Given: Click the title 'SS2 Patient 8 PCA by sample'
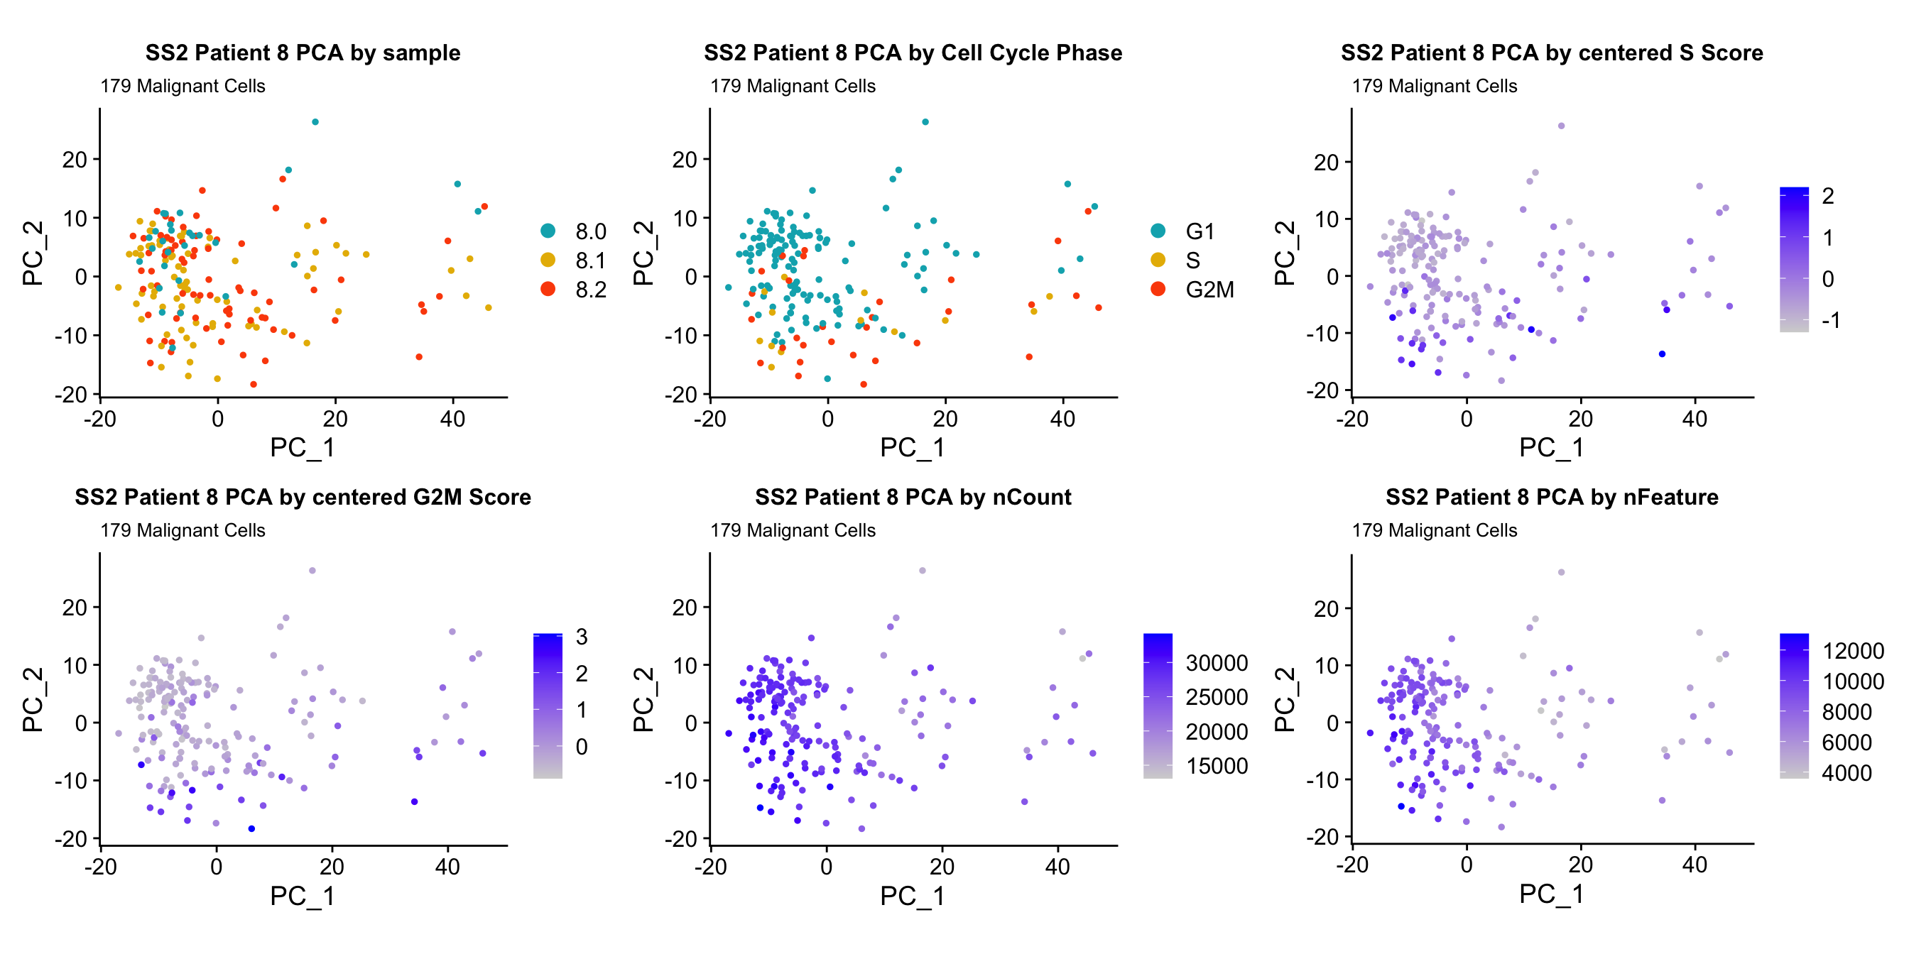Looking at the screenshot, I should tap(303, 53).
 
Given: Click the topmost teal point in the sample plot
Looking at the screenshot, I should tap(315, 122).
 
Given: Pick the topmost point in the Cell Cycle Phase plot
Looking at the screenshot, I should tap(925, 122).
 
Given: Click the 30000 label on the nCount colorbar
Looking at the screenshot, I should tap(1216, 663).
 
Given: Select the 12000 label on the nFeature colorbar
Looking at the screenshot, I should tap(1853, 651).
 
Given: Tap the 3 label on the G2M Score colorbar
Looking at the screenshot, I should tap(582, 637).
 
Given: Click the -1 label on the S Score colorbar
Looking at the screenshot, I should tap(1830, 320).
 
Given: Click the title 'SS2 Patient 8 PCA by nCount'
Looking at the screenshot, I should tap(913, 497).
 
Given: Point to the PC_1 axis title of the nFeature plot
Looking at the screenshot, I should tap(1551, 894).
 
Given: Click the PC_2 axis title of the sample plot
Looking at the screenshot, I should tap(33, 253).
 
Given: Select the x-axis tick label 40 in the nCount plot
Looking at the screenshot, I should tap(1057, 866).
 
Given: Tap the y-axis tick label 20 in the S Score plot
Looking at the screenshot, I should tap(1326, 163).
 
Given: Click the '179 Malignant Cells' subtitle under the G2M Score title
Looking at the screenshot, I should tap(183, 530).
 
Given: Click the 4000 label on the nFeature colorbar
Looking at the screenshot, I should tap(1846, 772).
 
